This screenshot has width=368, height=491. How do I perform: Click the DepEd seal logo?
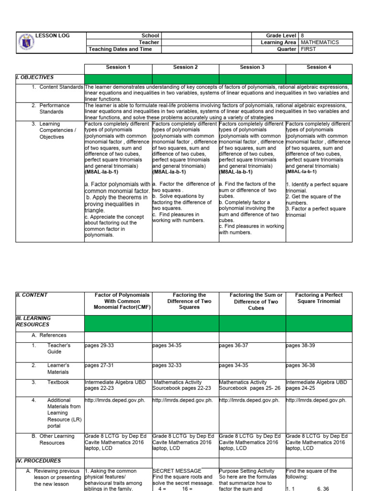click(x=25, y=42)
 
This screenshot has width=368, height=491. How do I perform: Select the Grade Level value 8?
click(x=302, y=35)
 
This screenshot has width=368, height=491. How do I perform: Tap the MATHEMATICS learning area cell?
click(x=320, y=42)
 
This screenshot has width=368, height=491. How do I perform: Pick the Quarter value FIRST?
click(x=309, y=49)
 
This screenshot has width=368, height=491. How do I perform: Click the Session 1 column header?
click(x=118, y=67)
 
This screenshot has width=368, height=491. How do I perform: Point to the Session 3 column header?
click(x=252, y=67)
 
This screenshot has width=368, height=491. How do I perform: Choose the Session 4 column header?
click(x=319, y=67)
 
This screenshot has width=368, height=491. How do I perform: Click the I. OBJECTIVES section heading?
click(x=35, y=77)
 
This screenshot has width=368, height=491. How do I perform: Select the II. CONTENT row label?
click(x=32, y=295)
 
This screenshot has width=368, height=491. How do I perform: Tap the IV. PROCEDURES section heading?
click(x=38, y=461)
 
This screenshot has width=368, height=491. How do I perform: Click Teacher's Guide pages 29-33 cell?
click(x=100, y=345)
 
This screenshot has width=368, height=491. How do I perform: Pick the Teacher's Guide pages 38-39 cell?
click(x=300, y=345)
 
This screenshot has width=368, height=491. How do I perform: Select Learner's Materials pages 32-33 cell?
click(x=167, y=365)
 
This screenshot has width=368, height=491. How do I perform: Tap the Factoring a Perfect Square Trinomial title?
click(x=319, y=298)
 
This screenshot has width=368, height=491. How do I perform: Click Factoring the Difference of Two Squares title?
click(x=185, y=301)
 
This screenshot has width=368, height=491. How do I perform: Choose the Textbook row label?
click(x=58, y=382)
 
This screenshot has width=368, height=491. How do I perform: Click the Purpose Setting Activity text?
click(x=247, y=471)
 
